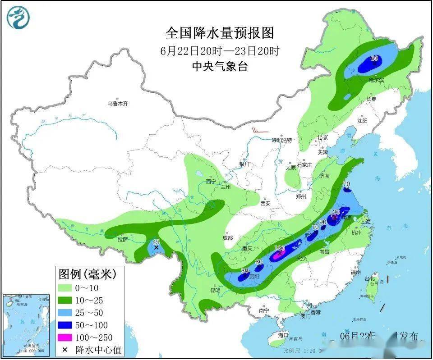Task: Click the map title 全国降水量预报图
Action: (x=220, y=33)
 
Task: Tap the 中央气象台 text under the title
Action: (x=220, y=66)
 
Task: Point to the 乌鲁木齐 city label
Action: (x=118, y=104)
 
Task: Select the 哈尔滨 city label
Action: (x=376, y=80)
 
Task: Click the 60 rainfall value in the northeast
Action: (x=374, y=58)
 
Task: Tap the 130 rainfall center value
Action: (x=280, y=248)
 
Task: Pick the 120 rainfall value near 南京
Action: (x=335, y=212)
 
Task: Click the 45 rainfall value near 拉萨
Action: (x=156, y=242)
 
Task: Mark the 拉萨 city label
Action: (x=123, y=239)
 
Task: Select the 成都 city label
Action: (x=227, y=238)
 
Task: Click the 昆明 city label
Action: (x=215, y=290)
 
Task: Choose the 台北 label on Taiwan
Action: (x=372, y=278)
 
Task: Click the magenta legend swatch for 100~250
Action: (x=66, y=337)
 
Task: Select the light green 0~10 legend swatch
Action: (x=66, y=287)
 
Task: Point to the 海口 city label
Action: (x=283, y=336)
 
